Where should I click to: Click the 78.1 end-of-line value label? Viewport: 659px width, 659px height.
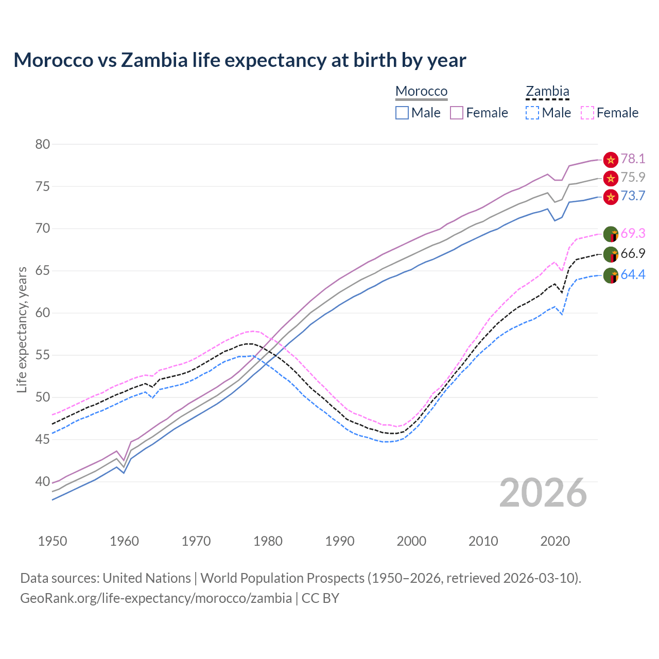coord(633,159)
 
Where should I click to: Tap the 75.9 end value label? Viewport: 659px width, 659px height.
coord(633,178)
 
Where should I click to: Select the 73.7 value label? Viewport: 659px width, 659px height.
coord(633,196)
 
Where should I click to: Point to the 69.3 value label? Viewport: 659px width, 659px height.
coord(633,234)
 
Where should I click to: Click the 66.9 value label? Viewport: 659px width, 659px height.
coord(633,254)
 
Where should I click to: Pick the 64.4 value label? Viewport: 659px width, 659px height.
coord(633,275)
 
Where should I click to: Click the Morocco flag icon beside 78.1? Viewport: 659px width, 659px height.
coord(611,160)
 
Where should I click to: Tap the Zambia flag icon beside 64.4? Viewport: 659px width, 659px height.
coord(611,275)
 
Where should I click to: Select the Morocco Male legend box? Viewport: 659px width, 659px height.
coord(402,113)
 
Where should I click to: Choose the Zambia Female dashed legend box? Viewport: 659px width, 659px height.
coord(587,113)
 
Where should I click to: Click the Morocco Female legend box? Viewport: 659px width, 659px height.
coord(457,113)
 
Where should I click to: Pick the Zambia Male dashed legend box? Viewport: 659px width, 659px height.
coord(532,113)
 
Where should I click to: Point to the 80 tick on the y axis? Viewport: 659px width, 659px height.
coord(43,145)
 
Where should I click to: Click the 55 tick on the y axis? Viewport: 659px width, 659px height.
coord(43,355)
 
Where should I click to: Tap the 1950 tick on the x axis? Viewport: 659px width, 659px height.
coord(53,541)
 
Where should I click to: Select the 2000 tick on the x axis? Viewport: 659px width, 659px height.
coord(412,541)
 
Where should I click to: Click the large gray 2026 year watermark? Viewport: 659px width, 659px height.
coord(543,493)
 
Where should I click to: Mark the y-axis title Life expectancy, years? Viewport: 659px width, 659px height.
coord(22,330)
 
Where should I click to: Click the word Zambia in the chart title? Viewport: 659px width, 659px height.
coord(154,60)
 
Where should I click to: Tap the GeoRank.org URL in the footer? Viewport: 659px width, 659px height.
coord(155,598)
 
